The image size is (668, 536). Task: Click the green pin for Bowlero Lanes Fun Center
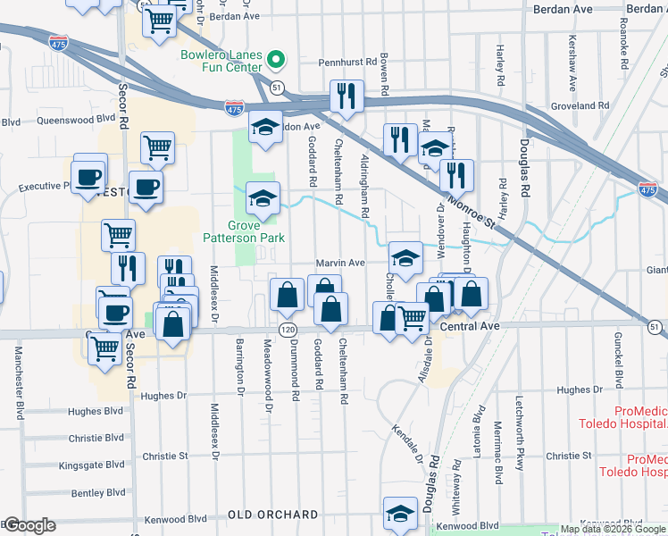tap(277, 62)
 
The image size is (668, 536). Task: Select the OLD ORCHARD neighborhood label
tap(272, 515)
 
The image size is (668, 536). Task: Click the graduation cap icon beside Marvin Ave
tap(405, 258)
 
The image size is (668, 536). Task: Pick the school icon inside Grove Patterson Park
tap(263, 198)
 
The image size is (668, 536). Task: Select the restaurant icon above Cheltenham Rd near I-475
tap(346, 94)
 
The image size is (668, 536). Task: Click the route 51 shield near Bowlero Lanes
tap(279, 88)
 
